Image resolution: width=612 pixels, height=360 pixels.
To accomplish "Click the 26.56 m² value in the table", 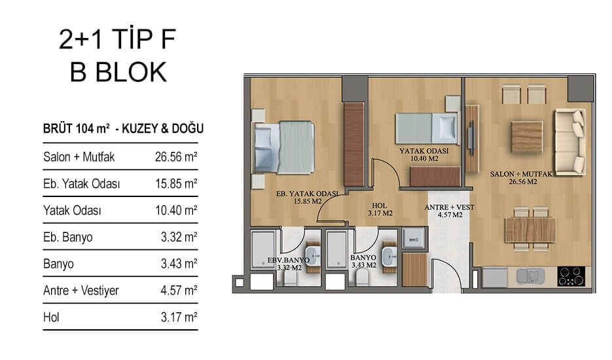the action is [x=176, y=157].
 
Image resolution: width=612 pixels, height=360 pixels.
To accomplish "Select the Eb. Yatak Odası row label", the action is [x=82, y=183].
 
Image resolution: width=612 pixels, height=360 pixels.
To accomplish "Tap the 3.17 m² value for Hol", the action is [x=179, y=317].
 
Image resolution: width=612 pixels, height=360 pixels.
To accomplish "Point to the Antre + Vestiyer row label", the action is [x=81, y=291].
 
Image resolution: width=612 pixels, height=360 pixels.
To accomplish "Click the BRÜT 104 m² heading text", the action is [x=77, y=128].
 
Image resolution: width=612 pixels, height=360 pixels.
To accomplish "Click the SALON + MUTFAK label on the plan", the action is [x=522, y=174].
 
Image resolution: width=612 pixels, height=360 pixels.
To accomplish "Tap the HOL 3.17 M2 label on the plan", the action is [x=380, y=209].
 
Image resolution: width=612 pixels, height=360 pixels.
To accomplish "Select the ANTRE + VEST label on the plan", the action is [x=449, y=207].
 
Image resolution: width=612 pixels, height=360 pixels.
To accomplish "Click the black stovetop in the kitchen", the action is [x=571, y=276].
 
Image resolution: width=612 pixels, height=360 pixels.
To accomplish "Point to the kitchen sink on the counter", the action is [x=530, y=276].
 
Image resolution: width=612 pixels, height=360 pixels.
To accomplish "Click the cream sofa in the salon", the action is [x=570, y=142].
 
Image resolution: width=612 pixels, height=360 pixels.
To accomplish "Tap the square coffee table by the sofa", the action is [x=526, y=137].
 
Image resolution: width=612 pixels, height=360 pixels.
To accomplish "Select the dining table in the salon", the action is [x=530, y=230].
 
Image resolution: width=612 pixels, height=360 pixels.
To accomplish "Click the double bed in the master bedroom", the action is [x=284, y=147].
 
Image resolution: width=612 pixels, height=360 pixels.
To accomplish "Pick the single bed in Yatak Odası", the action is [x=426, y=128].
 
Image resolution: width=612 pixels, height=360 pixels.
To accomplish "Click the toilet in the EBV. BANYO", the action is [x=289, y=278].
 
